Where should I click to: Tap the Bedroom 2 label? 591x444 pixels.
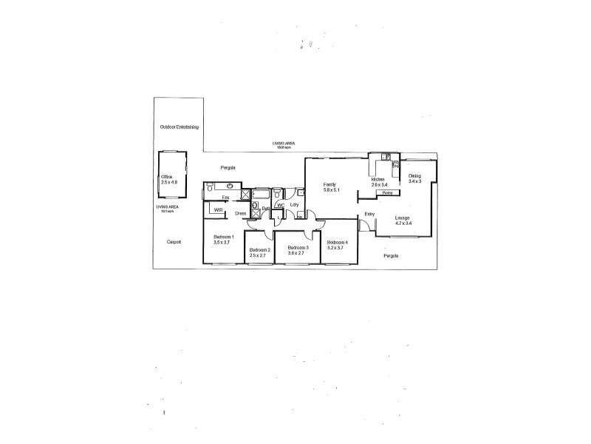259,250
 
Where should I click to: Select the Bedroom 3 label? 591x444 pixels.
297,246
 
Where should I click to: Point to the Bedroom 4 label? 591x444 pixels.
337,242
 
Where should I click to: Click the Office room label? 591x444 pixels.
166,177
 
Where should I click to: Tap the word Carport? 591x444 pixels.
174,242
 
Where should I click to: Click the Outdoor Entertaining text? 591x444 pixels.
180,127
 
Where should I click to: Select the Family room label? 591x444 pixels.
329,184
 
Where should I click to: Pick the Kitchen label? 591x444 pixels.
378,179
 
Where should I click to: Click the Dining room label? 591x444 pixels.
414,175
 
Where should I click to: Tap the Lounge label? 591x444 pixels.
403,218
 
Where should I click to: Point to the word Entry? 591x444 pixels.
369,215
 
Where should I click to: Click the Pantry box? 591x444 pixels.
387,192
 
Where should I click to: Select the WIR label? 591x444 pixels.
218,210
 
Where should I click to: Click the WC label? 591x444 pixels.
281,205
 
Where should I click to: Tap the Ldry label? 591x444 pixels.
294,205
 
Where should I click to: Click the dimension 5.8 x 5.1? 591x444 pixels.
329,189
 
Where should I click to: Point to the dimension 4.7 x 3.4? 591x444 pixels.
403,223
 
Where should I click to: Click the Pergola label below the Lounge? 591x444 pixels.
391,255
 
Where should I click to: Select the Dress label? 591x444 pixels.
240,214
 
